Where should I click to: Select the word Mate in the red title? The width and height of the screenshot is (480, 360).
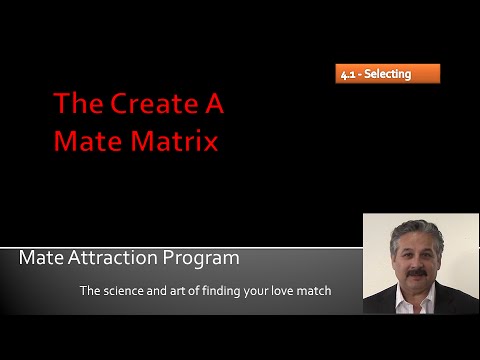pos(87,141)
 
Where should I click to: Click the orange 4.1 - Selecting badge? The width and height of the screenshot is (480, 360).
pos(387,73)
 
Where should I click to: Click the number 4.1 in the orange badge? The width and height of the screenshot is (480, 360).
pos(350,73)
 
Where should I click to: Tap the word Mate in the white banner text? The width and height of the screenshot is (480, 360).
pos(40,258)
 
